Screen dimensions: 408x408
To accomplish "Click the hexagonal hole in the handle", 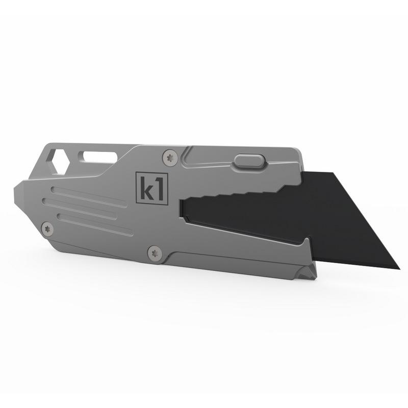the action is pyautogui.click(x=57, y=161).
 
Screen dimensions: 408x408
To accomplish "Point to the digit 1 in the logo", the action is pyautogui.click(x=159, y=188).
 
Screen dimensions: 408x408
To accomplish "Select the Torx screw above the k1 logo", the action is pyautogui.click(x=170, y=157).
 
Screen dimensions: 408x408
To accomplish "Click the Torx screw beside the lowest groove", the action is pyautogui.click(x=47, y=229).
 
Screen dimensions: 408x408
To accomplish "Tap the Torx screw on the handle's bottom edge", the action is pyautogui.click(x=155, y=252).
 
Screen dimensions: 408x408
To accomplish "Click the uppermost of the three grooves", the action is pyautogui.click(x=89, y=197).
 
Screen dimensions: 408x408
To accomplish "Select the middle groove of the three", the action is pyautogui.click(x=80, y=209).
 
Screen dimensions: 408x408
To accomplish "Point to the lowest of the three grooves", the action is pyautogui.click(x=95, y=224).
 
